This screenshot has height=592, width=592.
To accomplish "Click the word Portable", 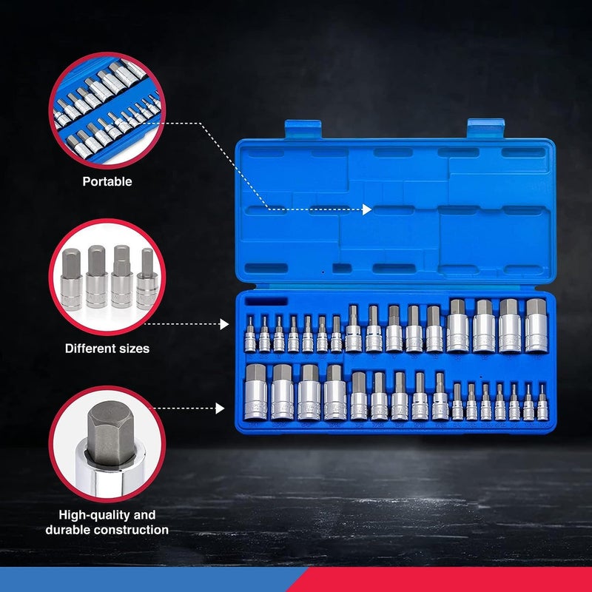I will pos(107,181).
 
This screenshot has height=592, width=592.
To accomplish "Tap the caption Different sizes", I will pos(107,348).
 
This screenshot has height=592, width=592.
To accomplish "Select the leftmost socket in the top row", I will pos(251,334).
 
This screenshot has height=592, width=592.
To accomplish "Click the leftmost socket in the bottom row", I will pos(255,392).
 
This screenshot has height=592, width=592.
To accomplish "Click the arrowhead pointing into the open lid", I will pos(367,210).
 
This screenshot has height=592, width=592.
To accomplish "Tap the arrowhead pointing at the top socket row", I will pos(225,324).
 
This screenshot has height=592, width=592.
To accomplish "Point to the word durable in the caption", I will pos(76,530).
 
